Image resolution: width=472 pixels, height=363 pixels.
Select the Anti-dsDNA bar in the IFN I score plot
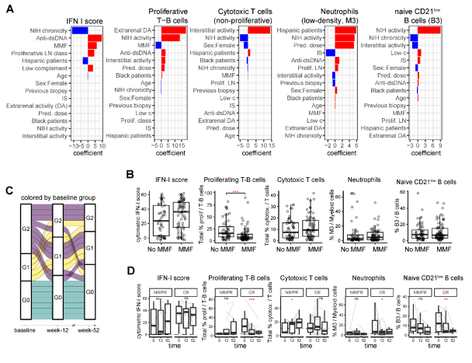[95, 37]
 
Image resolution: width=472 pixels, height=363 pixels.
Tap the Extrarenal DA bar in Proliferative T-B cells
[173, 30]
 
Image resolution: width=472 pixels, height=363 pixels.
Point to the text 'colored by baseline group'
[57, 204]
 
